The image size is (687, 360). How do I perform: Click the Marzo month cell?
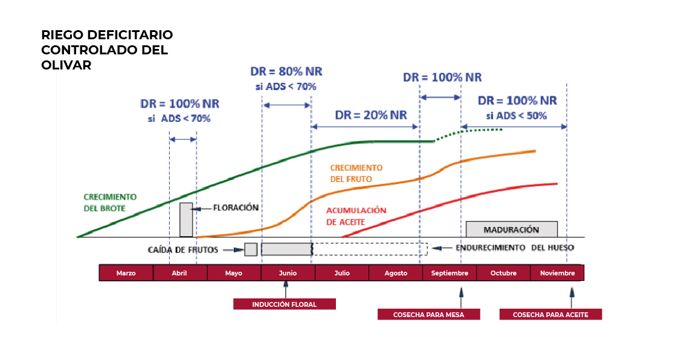coord(126,273)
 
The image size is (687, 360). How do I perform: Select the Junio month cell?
coord(288,273)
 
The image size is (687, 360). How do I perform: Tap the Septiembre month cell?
coord(450,273)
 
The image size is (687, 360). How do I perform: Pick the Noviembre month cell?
coord(557,273)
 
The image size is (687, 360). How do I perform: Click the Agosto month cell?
coord(396,273)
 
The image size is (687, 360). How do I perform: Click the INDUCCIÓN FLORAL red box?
coord(285,304)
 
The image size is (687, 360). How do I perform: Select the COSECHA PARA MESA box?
coord(428,315)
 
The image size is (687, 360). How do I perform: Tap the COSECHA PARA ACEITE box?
coord(550,315)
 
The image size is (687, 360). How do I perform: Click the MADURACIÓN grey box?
coord(511,230)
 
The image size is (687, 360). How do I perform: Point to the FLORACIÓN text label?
coord(236,208)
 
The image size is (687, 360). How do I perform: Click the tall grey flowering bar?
coord(186,220)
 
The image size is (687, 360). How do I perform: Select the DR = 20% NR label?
coord(371,115)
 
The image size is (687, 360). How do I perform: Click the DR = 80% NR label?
coord(286,71)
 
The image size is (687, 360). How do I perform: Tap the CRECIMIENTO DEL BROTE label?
coord(110,203)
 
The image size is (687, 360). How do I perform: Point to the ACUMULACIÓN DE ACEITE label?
coord(356,216)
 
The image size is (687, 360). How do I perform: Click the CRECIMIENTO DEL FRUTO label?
coord(356,173)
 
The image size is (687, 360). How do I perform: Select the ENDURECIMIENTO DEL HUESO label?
coord(515,248)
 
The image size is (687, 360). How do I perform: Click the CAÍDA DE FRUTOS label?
coord(182,250)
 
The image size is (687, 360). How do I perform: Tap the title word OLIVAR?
coord(66,65)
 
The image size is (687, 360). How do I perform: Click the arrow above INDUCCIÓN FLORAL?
coord(286,289)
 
